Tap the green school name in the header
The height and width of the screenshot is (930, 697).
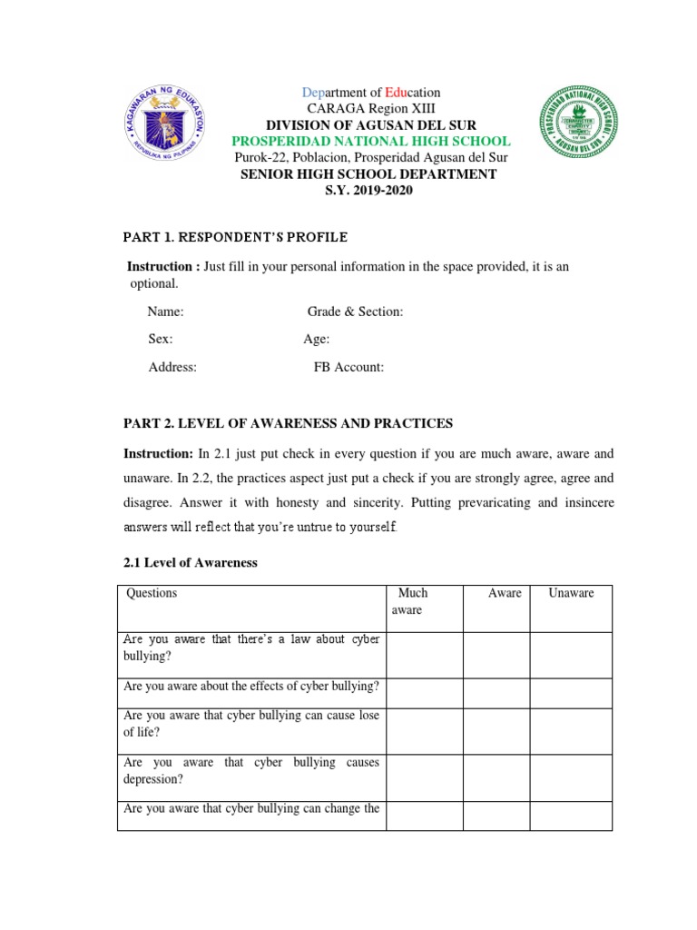(x=370, y=142)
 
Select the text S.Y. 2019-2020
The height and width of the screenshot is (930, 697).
(x=368, y=190)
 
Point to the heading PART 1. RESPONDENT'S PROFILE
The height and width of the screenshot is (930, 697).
(x=235, y=237)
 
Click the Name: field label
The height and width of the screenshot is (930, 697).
(x=166, y=312)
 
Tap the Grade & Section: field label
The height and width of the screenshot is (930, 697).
(x=355, y=312)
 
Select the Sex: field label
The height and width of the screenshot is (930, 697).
(x=161, y=339)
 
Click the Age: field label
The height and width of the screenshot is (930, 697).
(x=317, y=339)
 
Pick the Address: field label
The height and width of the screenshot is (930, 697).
(x=172, y=367)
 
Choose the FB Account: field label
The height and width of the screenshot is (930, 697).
(x=348, y=367)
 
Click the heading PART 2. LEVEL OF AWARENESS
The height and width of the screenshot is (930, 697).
(x=288, y=423)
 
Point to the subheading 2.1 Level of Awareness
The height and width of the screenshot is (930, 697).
(x=191, y=562)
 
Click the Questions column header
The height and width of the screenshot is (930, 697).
(x=152, y=593)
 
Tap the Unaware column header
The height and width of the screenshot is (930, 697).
(x=571, y=593)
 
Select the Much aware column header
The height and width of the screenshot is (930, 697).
(x=411, y=601)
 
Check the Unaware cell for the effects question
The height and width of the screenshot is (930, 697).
(x=571, y=693)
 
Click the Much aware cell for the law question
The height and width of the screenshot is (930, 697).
(x=424, y=655)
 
